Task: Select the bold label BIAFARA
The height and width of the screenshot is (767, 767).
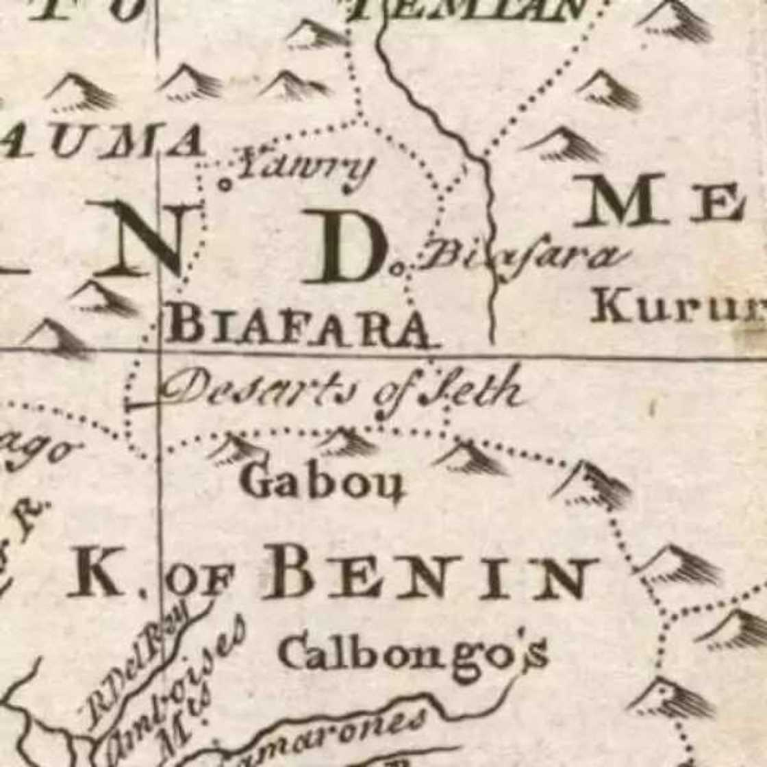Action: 300,325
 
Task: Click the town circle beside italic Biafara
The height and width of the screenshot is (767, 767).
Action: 396,269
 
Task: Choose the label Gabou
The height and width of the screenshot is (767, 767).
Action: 322,483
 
